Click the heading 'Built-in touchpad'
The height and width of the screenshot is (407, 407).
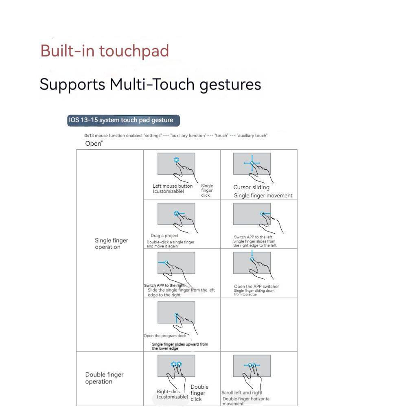105,51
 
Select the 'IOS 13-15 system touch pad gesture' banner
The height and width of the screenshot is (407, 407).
123,120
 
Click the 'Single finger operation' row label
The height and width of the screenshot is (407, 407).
111,243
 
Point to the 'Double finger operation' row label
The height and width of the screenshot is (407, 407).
104,378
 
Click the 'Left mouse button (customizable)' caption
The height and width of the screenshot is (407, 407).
173,188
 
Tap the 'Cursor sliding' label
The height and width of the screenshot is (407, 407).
251,187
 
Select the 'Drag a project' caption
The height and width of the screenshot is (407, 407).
164,236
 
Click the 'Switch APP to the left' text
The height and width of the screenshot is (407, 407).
253,237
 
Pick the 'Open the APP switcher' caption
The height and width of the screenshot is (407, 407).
256,287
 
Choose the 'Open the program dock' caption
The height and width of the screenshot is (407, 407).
165,336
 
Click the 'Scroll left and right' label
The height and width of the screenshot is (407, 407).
242,393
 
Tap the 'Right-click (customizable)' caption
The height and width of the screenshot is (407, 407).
173,394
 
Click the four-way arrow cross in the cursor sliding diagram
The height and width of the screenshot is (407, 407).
252,163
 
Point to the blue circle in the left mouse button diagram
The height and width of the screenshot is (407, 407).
176,160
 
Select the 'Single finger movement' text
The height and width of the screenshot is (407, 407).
263,196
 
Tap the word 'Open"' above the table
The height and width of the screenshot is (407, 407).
94,144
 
